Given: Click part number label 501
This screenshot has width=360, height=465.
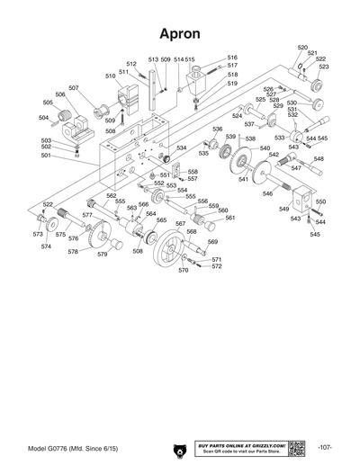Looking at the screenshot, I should pos(46,155).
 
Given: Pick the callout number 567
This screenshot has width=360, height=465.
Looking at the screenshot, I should pos(180,223).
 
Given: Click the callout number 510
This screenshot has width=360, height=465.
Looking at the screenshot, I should pos(111,76).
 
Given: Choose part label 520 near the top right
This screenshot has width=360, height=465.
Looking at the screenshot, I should pos(302,47).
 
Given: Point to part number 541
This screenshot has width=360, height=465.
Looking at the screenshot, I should pos(243,179).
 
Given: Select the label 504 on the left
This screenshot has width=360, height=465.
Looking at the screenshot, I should pos(43,117).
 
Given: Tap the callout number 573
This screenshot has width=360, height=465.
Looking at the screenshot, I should pos(38,234).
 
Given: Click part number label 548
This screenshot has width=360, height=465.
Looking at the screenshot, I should pos(319,158).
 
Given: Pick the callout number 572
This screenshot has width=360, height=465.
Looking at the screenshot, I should pos(217,266).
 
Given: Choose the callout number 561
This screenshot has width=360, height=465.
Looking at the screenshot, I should pos(229,218).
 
